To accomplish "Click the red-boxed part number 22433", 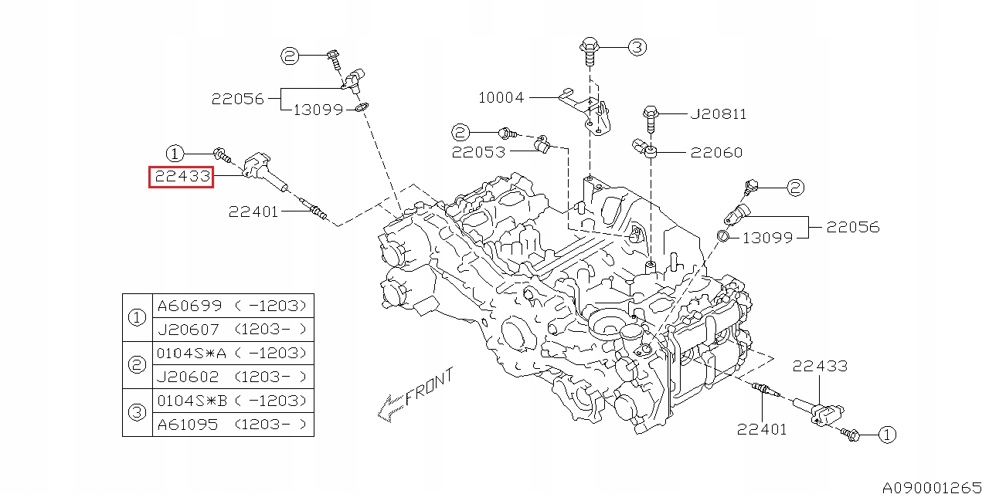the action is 182,177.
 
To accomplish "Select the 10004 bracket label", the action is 501,97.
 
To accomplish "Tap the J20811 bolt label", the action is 719,114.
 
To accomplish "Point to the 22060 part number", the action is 716,153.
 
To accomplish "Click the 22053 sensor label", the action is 478,152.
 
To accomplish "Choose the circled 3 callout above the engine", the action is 637,47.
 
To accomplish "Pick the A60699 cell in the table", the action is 189,306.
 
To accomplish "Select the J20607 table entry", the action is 188,330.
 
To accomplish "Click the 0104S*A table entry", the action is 192,353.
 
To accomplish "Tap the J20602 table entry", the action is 188,377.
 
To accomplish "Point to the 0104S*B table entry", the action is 192,401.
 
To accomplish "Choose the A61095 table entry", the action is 188,425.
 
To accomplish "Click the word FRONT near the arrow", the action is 429,387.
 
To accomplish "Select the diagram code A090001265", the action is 932,487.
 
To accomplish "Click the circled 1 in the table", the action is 137,317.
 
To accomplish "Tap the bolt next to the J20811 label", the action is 651,119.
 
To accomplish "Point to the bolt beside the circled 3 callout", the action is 589,52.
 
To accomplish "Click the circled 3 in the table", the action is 137,412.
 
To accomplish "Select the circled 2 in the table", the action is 137,365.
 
